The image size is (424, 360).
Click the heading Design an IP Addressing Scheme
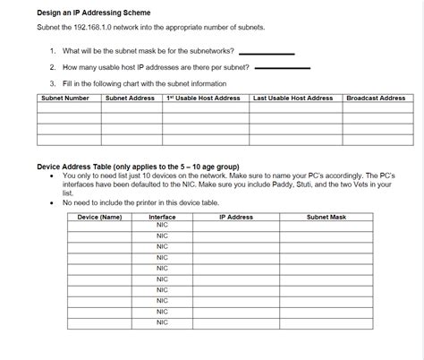94,13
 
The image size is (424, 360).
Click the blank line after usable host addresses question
283,67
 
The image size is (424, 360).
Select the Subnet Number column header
65,98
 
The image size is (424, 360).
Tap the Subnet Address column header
131,98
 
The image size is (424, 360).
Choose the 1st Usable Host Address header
203,98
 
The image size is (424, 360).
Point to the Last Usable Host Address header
293,98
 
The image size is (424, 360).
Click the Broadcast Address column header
376,98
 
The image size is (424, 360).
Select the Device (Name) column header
99,217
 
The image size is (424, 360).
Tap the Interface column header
162,217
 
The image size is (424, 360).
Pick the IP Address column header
236,217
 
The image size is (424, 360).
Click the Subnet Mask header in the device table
326,217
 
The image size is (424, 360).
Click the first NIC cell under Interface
162,225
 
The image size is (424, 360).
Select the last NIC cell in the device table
162,322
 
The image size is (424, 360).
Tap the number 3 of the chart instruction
53,82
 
